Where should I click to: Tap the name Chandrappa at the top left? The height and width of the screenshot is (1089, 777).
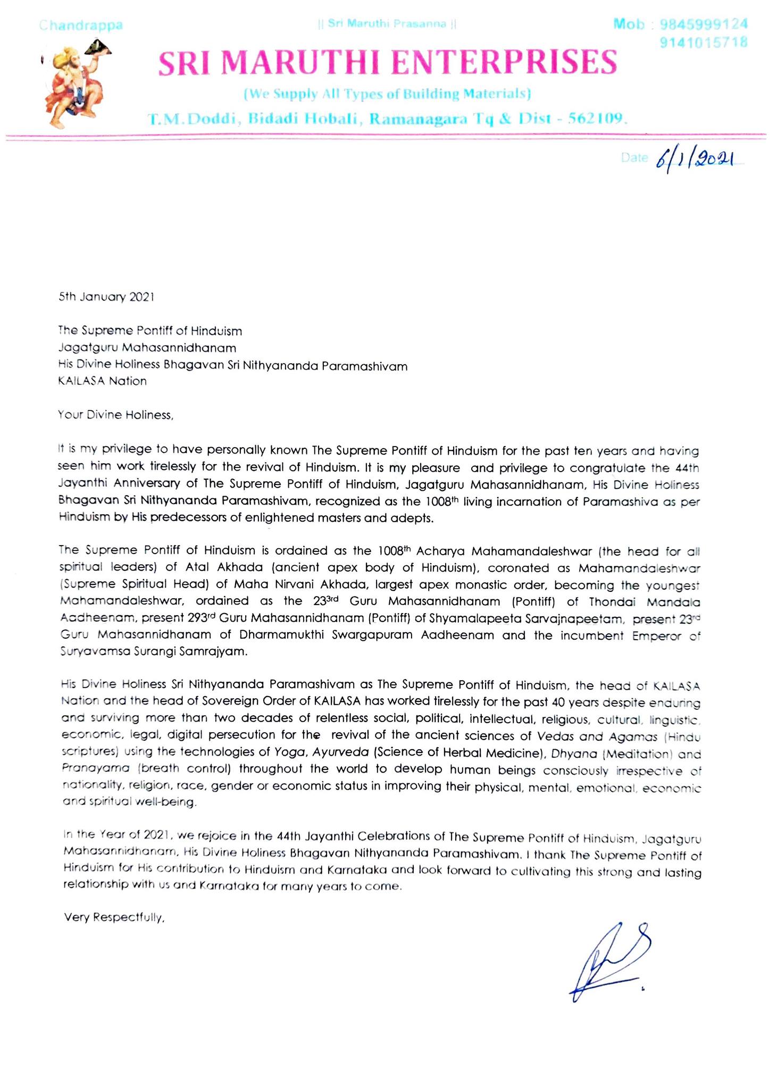(81, 25)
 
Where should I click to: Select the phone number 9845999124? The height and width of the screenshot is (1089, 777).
(703, 24)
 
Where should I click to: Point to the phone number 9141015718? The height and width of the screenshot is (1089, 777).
(703, 42)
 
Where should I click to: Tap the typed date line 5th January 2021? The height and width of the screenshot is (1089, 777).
(106, 297)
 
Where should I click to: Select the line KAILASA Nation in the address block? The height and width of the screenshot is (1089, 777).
(102, 381)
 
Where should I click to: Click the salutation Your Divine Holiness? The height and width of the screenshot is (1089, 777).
(116, 415)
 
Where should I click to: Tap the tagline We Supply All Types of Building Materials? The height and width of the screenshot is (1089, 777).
(387, 94)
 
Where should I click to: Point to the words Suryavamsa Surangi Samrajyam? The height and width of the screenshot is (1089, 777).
(154, 652)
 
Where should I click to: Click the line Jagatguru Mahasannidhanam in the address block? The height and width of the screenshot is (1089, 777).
(147, 348)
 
